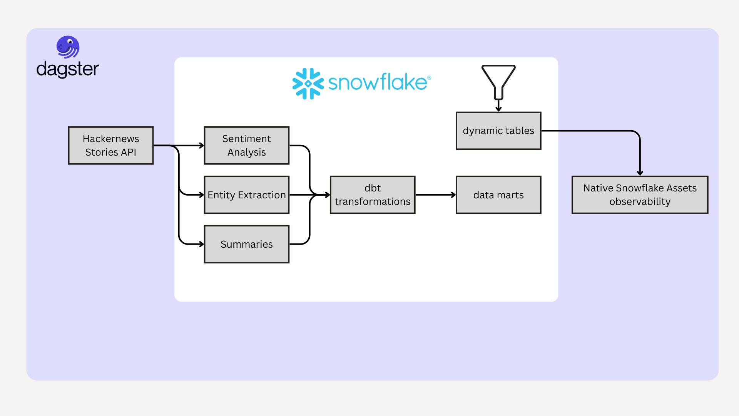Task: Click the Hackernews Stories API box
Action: [x=111, y=146]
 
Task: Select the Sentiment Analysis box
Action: [x=246, y=146]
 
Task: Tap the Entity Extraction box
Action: [x=246, y=195]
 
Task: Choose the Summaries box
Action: [x=246, y=244]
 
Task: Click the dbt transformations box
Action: [x=373, y=195]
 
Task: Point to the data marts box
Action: [x=498, y=195]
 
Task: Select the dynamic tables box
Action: [x=498, y=131]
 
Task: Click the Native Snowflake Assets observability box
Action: [x=640, y=195]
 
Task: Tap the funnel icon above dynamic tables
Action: [x=498, y=81]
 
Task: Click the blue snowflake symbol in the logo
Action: [x=308, y=84]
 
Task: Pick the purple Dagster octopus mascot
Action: [x=68, y=47]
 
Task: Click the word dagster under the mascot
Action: [x=68, y=69]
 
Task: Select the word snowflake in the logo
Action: [x=377, y=82]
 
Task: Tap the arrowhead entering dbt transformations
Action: [x=328, y=195]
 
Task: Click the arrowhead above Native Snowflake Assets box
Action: [x=640, y=173]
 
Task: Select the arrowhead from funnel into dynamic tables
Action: [x=498, y=109]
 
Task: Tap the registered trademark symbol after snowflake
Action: [x=429, y=78]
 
